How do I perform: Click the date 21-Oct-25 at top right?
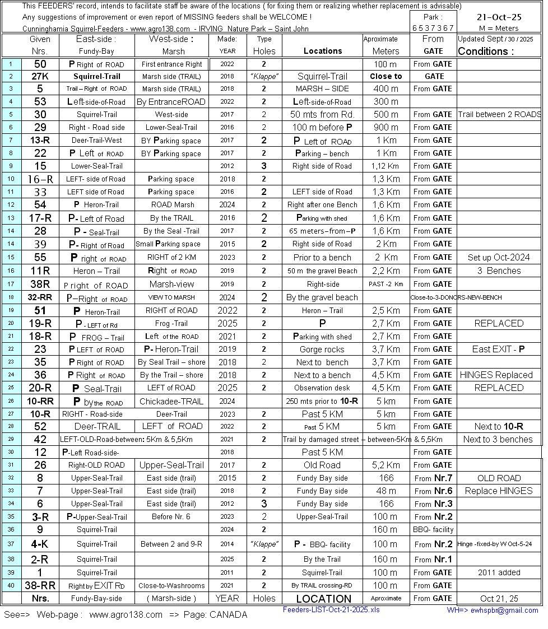pos(499,17)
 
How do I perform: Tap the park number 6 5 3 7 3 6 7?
pos(433,28)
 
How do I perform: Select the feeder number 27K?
pos(40,76)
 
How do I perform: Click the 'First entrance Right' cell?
pos(172,64)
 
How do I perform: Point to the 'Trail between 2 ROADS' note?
pos(499,114)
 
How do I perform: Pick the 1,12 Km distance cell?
pos(386,166)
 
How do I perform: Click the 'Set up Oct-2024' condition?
pos(499,258)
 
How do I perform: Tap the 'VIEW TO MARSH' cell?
pos(172,297)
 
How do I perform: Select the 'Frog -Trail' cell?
pos(172,323)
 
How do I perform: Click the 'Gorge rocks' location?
pos(322,349)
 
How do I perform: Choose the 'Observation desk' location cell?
pos(322,388)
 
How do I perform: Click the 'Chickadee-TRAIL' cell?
pos(172,402)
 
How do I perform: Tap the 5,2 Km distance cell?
pos(386,465)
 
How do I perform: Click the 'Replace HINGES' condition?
pos(499,491)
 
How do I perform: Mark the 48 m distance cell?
pos(386,491)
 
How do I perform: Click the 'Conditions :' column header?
pos(486,51)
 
